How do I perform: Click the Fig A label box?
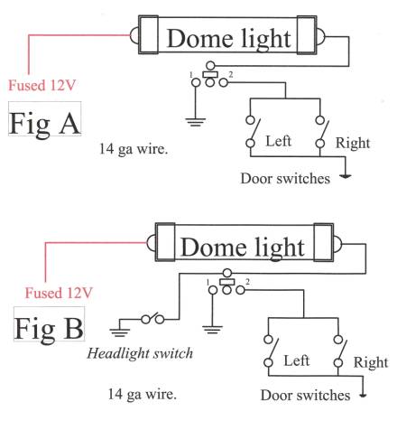(x=44, y=118)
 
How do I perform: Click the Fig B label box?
(x=49, y=324)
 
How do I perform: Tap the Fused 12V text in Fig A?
(x=42, y=85)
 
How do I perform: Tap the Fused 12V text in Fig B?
(x=59, y=293)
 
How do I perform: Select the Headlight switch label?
(x=140, y=353)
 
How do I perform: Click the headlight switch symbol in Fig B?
(x=152, y=318)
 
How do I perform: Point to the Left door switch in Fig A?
(x=252, y=131)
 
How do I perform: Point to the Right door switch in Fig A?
(x=322, y=132)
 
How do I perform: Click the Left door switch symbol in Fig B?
(x=271, y=351)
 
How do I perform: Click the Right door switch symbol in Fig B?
(x=340, y=351)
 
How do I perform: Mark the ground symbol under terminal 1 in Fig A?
(x=196, y=122)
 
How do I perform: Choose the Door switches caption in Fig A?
(x=285, y=178)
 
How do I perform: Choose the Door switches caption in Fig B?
(x=305, y=395)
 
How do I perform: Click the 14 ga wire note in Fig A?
(x=134, y=149)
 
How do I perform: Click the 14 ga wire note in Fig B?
(x=143, y=394)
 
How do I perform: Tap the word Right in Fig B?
(x=371, y=362)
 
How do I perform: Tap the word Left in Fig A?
(x=279, y=141)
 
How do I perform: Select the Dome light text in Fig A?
(x=229, y=39)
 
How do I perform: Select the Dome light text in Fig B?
(x=243, y=247)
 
